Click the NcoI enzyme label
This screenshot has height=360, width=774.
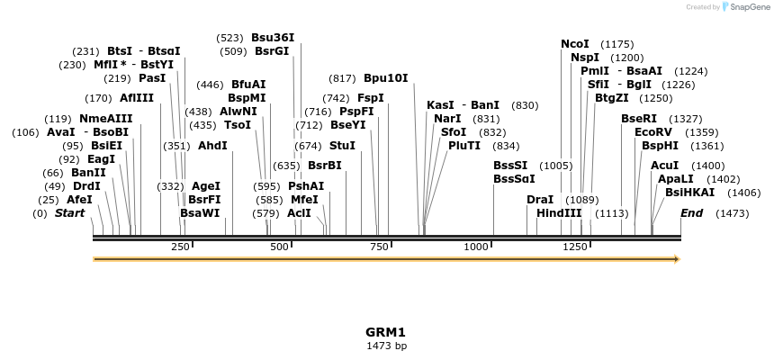click(574, 44)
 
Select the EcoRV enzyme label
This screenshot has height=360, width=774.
click(652, 132)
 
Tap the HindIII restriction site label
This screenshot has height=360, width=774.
click(559, 213)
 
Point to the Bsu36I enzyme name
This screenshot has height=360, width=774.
click(273, 38)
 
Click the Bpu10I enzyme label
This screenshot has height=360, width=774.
click(385, 78)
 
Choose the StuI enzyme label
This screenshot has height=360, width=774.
click(342, 146)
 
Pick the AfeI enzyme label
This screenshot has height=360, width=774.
click(79, 200)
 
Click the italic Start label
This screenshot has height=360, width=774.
click(69, 213)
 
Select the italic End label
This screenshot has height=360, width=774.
click(692, 213)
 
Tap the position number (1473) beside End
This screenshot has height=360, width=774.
click(732, 213)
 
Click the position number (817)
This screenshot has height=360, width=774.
click(342, 78)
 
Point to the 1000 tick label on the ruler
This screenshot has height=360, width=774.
click(475, 247)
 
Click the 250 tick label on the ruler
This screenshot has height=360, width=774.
click(180, 247)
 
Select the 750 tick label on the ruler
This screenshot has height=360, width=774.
click(377, 247)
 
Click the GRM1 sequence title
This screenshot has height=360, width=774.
click(386, 332)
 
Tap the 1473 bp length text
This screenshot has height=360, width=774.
click(386, 346)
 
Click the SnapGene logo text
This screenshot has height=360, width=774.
click(750, 7)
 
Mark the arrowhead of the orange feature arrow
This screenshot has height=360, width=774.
click(676, 259)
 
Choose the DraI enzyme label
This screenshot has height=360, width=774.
click(540, 200)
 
